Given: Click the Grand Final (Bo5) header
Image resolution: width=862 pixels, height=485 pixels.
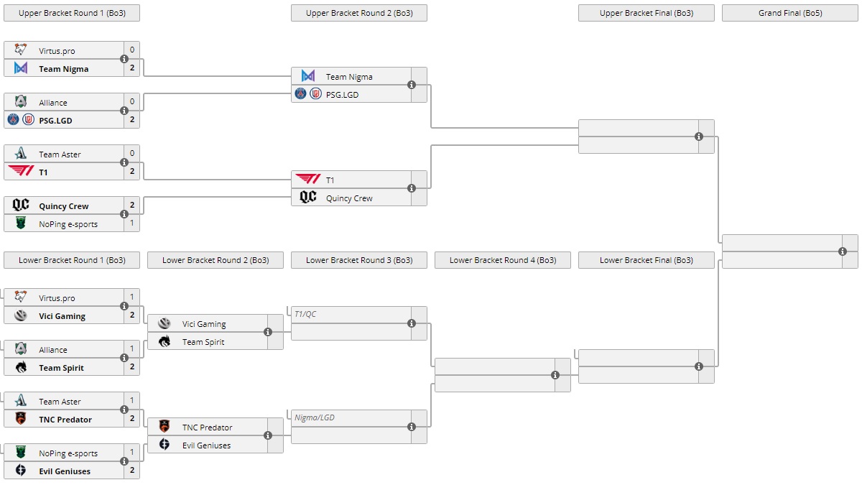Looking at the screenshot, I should pyautogui.click(x=789, y=13).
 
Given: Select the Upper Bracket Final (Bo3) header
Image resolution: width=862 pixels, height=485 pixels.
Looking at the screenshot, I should pyautogui.click(x=646, y=13).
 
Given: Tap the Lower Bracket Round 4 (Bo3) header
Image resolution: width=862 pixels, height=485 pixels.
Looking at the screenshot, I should pyautogui.click(x=502, y=260).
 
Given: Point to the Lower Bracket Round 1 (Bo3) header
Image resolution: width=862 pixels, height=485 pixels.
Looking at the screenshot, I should pyautogui.click(x=71, y=260).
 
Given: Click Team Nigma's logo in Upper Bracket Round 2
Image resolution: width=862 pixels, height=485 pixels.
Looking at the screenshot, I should pyautogui.click(x=308, y=76).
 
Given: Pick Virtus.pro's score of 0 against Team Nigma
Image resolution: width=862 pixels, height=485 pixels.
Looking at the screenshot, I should pyautogui.click(x=132, y=50).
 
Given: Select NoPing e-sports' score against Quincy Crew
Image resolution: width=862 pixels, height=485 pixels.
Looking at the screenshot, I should pyautogui.click(x=132, y=223).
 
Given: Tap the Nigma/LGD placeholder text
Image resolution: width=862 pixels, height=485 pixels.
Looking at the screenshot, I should pyautogui.click(x=315, y=417).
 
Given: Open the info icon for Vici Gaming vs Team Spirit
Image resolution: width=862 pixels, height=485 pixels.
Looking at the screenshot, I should pyautogui.click(x=268, y=332).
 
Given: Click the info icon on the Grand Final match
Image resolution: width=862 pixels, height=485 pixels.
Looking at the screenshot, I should pyautogui.click(x=843, y=251).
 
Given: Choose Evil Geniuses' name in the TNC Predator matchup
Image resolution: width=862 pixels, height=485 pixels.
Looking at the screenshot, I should pyautogui.click(x=206, y=445).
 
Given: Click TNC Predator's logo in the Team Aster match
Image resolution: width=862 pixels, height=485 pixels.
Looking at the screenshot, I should pyautogui.click(x=21, y=419).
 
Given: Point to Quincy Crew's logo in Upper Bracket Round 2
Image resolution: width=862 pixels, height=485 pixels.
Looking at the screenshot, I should pyautogui.click(x=308, y=198).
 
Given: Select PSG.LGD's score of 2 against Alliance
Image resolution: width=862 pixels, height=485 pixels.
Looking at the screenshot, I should pyautogui.click(x=132, y=120).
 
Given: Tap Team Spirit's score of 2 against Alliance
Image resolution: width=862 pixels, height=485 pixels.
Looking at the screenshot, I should pyautogui.click(x=132, y=367).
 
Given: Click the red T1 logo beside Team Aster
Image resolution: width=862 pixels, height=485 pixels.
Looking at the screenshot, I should pyautogui.click(x=21, y=172).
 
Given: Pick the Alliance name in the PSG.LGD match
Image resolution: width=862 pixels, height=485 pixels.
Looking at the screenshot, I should pyautogui.click(x=53, y=103).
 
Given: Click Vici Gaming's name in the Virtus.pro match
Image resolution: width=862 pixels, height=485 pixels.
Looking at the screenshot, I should pyautogui.click(x=62, y=316).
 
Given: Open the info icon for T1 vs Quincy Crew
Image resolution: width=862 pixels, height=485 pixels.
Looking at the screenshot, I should pyautogui.click(x=412, y=188).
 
